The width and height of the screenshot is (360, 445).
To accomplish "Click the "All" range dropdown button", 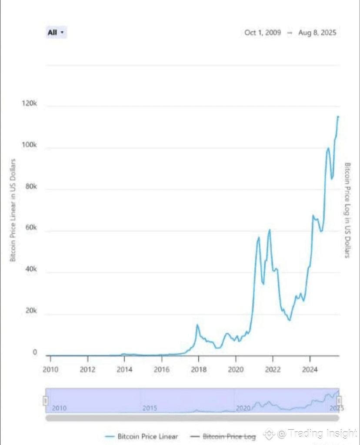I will (x=56, y=33).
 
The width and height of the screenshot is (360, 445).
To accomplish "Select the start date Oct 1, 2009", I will (x=263, y=33).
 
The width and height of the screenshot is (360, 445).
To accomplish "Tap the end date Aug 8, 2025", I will (x=317, y=33).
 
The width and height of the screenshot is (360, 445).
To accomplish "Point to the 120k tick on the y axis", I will (x=30, y=104).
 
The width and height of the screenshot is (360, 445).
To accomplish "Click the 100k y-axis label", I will (x=30, y=145).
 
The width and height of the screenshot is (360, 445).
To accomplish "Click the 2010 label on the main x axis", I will (x=50, y=370).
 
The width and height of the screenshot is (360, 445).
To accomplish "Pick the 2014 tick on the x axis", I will (x=125, y=370).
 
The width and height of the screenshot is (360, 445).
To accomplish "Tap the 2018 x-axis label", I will (x=199, y=370).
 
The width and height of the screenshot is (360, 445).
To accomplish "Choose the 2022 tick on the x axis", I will (x=273, y=370).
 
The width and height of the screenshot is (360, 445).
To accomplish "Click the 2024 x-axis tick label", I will (x=310, y=370).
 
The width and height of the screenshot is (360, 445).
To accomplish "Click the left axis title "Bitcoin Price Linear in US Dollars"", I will (x=13, y=210).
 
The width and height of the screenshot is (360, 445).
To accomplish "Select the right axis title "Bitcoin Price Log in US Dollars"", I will (x=347, y=210).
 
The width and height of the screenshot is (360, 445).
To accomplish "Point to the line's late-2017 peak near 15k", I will (x=197, y=325).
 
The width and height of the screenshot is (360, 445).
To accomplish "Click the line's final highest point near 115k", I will (x=338, y=116).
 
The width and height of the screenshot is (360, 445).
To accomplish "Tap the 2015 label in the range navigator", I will (x=150, y=408).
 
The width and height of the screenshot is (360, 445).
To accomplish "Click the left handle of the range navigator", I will (x=45, y=400).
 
